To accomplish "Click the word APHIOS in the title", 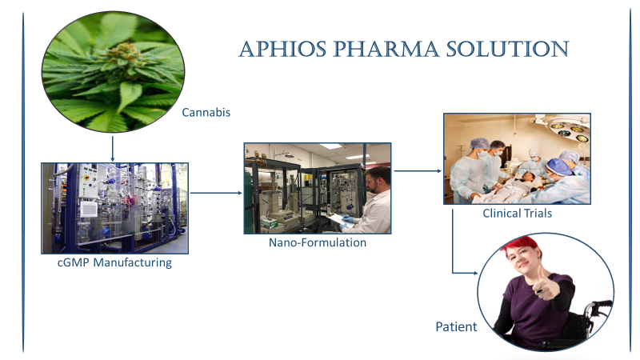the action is point(282,50).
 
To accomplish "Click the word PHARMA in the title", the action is point(386,50).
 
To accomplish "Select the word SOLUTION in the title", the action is point(507,50).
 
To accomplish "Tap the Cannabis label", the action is point(206,112).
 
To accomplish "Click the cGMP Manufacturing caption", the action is point(114,262).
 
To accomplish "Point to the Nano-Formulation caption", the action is point(318,242).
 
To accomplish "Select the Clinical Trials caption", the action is point(517,213).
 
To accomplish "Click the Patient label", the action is point(456,326).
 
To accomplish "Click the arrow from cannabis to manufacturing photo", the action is point(112,149).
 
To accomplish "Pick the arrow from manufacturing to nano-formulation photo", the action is point(216,193).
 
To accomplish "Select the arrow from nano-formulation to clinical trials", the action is point(418,171).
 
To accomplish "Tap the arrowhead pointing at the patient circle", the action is point(475,273).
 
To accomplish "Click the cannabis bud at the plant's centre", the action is point(122,54).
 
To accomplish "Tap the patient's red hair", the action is point(523,245).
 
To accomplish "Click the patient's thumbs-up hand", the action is point(546,284).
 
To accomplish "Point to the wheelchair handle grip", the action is point(603,304).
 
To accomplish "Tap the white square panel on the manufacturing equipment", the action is point(89,209).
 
